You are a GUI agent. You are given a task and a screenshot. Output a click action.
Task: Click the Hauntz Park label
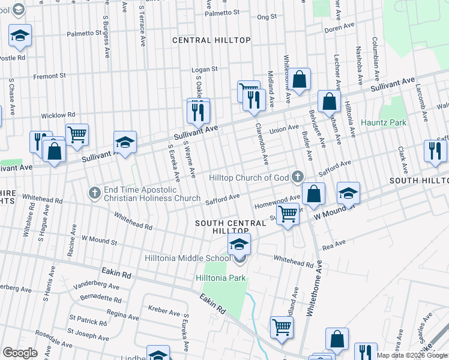(x=383, y=122)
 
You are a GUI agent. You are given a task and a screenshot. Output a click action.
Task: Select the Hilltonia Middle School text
(x=187, y=258)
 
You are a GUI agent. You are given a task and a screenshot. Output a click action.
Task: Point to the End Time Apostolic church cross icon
(x=94, y=193)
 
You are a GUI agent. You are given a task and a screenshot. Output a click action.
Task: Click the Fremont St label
(x=49, y=76)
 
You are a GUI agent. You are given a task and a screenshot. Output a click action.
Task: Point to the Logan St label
(x=204, y=70)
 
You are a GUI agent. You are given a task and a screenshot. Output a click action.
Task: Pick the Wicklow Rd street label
(x=58, y=115)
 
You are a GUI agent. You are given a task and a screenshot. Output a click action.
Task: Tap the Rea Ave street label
(x=334, y=243)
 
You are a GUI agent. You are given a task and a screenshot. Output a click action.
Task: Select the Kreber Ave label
(x=165, y=313)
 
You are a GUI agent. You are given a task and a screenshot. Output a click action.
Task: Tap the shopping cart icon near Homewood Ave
(x=289, y=213)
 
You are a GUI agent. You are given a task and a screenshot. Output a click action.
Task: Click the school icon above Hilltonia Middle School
(x=239, y=244)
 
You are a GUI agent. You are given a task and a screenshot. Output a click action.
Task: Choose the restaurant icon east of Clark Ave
(x=435, y=151)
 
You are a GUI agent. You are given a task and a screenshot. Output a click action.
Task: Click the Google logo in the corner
(x=20, y=352)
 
